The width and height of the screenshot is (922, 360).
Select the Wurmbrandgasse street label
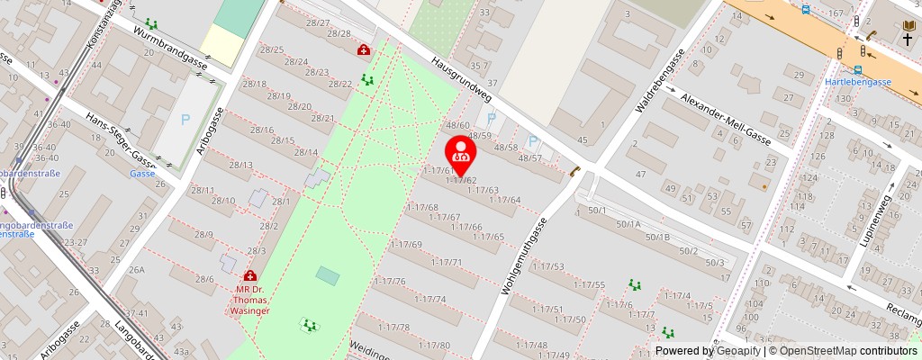(x=170, y=49)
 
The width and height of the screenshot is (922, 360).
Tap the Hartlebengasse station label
(x=858, y=81)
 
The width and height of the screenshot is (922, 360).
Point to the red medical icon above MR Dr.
(x=249, y=275)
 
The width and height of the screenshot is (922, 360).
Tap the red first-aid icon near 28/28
(x=363, y=50)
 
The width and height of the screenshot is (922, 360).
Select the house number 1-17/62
(x=460, y=180)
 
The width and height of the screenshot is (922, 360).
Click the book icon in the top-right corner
(x=908, y=25)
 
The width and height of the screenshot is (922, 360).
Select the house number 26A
(x=137, y=269)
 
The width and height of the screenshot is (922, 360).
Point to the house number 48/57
(x=530, y=157)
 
